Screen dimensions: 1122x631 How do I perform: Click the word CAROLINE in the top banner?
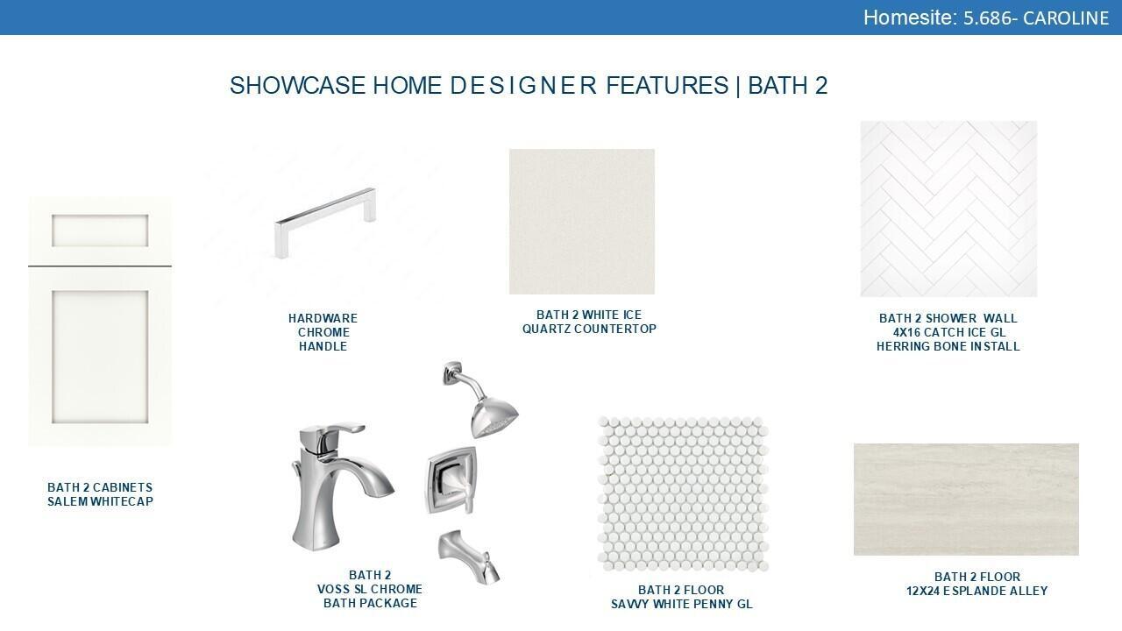(1066, 18)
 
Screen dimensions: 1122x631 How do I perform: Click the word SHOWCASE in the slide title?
(297, 85)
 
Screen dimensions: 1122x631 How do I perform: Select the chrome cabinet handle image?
(325, 223)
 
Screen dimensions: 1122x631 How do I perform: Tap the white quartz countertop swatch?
(581, 222)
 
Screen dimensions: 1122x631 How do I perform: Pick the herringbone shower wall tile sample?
(948, 209)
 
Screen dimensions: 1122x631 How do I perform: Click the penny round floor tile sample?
(683, 493)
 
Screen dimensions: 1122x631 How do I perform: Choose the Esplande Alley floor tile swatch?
(966, 500)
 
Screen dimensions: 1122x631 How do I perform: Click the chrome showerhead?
(482, 399)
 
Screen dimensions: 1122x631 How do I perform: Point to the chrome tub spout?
(469, 556)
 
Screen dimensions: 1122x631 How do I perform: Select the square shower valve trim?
(451, 479)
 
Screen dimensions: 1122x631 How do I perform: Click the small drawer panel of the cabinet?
(100, 230)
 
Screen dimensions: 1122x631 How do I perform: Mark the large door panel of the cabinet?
(100, 357)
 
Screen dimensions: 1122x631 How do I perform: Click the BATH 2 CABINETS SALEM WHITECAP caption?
(100, 494)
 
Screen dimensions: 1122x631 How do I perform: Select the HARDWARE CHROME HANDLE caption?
(323, 332)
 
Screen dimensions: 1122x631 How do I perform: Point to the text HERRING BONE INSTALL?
(948, 346)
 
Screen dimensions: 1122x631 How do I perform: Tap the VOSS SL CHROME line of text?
(370, 589)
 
